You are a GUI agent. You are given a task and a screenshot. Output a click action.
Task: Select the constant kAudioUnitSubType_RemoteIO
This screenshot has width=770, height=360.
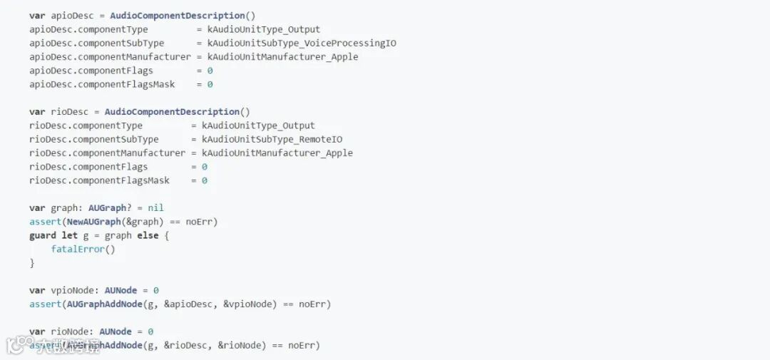[x=272, y=139]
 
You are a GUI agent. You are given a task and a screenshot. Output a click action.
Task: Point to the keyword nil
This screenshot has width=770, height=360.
[x=155, y=208]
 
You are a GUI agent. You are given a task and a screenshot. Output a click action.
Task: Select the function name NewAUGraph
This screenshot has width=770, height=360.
[x=94, y=222]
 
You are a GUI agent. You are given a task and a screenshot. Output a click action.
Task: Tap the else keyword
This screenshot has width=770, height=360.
[x=148, y=235]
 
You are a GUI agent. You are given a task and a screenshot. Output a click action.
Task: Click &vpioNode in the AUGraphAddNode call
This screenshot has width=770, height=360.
[x=247, y=304]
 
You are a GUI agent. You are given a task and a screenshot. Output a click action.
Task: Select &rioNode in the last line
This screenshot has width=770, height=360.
[x=242, y=346]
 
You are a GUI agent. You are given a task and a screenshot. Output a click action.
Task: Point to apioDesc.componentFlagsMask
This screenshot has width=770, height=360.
[x=102, y=84]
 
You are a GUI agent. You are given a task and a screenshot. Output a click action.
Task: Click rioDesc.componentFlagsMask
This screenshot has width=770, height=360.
[x=99, y=180]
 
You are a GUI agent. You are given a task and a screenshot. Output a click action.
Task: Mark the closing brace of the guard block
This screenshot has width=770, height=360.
[x=32, y=263]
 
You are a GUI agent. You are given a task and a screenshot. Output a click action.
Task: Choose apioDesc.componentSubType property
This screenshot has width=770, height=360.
[x=97, y=43]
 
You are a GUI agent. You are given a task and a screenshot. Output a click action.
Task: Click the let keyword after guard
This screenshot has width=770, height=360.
[x=70, y=235]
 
